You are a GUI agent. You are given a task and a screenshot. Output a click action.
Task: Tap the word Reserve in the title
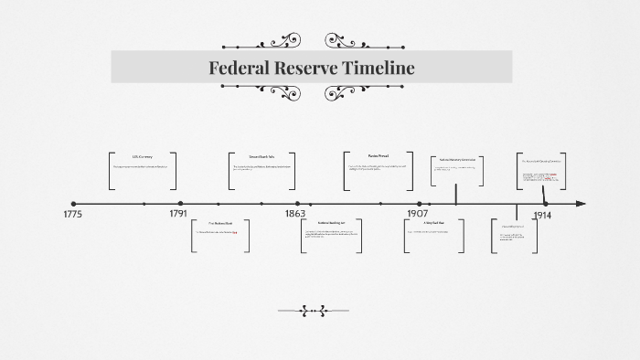[x=310, y=68]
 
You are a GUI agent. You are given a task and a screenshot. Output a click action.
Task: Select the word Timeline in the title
[x=378, y=68]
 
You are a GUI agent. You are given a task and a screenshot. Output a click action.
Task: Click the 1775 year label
[x=72, y=215]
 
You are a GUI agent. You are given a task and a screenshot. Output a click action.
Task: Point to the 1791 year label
[x=178, y=215]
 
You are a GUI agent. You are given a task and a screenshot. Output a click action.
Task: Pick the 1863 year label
[x=294, y=215]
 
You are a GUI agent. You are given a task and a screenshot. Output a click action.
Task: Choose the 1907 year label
[x=418, y=215]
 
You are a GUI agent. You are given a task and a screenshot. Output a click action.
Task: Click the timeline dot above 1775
[x=73, y=204]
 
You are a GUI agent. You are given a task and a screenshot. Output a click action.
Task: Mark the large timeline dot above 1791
[x=180, y=204]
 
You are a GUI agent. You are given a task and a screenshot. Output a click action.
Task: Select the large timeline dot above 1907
[x=420, y=204]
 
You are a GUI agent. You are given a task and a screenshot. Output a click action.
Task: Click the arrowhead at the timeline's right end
[x=581, y=204]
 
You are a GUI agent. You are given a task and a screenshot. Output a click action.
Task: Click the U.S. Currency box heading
[x=142, y=157]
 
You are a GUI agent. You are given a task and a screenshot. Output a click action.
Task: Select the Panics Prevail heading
[x=379, y=156]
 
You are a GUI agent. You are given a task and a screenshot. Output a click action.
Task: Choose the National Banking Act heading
[x=330, y=223]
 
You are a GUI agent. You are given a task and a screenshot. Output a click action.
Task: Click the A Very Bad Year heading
[x=433, y=223]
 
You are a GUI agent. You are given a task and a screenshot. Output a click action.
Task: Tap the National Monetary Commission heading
[x=457, y=160]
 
